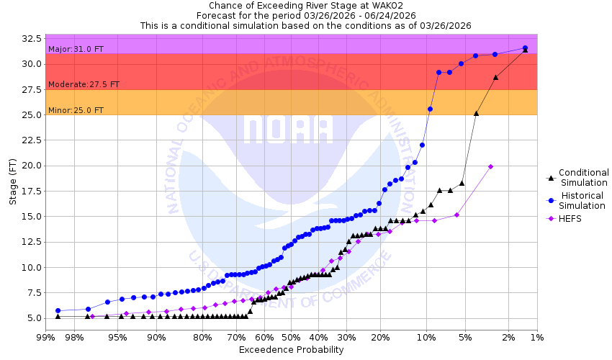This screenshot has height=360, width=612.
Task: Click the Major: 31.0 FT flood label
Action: click(x=75, y=49)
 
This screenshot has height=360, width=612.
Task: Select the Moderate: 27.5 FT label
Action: click(x=84, y=84)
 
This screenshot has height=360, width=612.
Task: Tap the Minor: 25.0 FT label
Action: click(x=75, y=110)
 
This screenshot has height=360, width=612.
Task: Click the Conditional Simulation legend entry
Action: click(x=583, y=177)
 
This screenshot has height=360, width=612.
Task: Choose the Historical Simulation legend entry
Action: click(x=582, y=201)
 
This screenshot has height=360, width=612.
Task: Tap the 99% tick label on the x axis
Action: click(x=45, y=337)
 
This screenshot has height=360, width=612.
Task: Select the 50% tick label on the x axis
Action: click(x=291, y=337)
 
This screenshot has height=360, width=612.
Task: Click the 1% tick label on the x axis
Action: click(x=536, y=337)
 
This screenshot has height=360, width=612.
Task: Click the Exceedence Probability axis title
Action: click(x=291, y=350)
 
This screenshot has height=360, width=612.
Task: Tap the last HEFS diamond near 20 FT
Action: click(x=490, y=166)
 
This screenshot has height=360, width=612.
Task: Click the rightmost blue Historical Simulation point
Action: click(x=525, y=48)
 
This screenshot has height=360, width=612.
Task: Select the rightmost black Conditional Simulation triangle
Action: click(x=525, y=50)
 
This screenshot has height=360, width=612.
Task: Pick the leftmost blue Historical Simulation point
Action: click(x=58, y=310)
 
